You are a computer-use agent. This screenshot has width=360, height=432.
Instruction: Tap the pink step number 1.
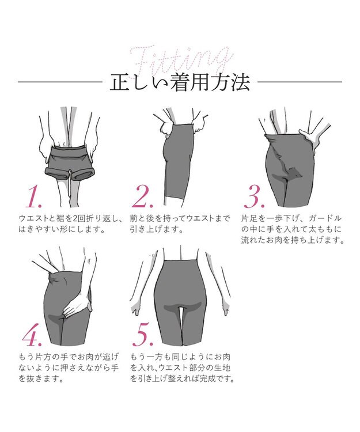tap(34, 197)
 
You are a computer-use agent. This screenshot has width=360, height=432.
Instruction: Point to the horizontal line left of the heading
tap(60, 82)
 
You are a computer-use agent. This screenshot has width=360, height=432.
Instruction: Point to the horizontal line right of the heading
tap(299, 82)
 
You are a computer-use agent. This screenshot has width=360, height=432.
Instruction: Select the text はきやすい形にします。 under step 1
tap(62, 229)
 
